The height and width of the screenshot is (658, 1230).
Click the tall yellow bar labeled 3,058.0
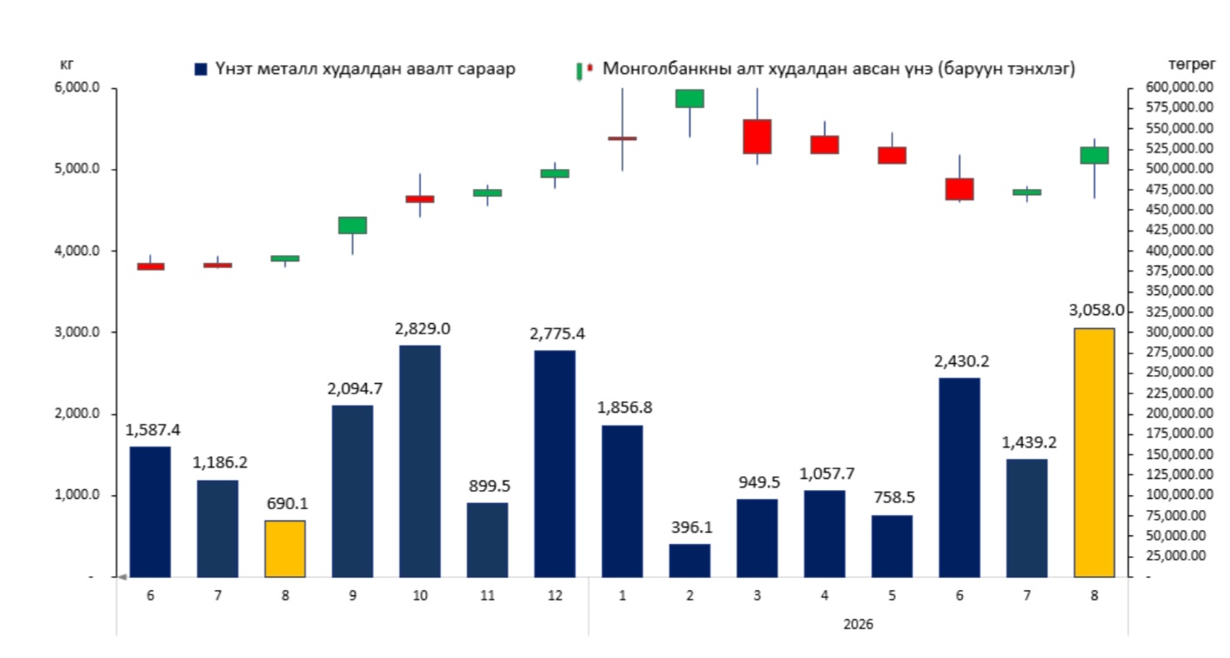click(1093, 453)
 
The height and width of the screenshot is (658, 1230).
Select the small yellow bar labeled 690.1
click(285, 548)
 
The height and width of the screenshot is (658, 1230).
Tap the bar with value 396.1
click(690, 561)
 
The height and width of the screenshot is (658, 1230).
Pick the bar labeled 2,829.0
click(420, 461)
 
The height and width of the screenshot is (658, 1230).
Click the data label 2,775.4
click(558, 334)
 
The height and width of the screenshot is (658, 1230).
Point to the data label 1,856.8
click(625, 407)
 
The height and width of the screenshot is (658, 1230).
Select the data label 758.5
click(894, 498)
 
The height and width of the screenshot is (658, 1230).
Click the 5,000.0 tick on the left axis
click(77, 169)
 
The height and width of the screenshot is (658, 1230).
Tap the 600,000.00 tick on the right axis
click(1180, 87)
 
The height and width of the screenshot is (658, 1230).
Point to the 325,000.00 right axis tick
click(1180, 312)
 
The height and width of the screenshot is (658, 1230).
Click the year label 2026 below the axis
click(859, 625)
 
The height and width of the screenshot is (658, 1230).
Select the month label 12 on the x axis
click(555, 596)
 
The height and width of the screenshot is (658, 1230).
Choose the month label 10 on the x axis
click(420, 596)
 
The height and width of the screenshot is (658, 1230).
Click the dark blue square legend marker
click(201, 70)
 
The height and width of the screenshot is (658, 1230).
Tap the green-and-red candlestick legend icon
click(585, 70)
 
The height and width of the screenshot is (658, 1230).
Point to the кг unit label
click(66, 64)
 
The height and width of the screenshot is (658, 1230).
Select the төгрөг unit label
click(1192, 64)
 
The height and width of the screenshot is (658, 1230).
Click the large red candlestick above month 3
click(757, 137)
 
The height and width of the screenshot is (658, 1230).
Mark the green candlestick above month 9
click(352, 225)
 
